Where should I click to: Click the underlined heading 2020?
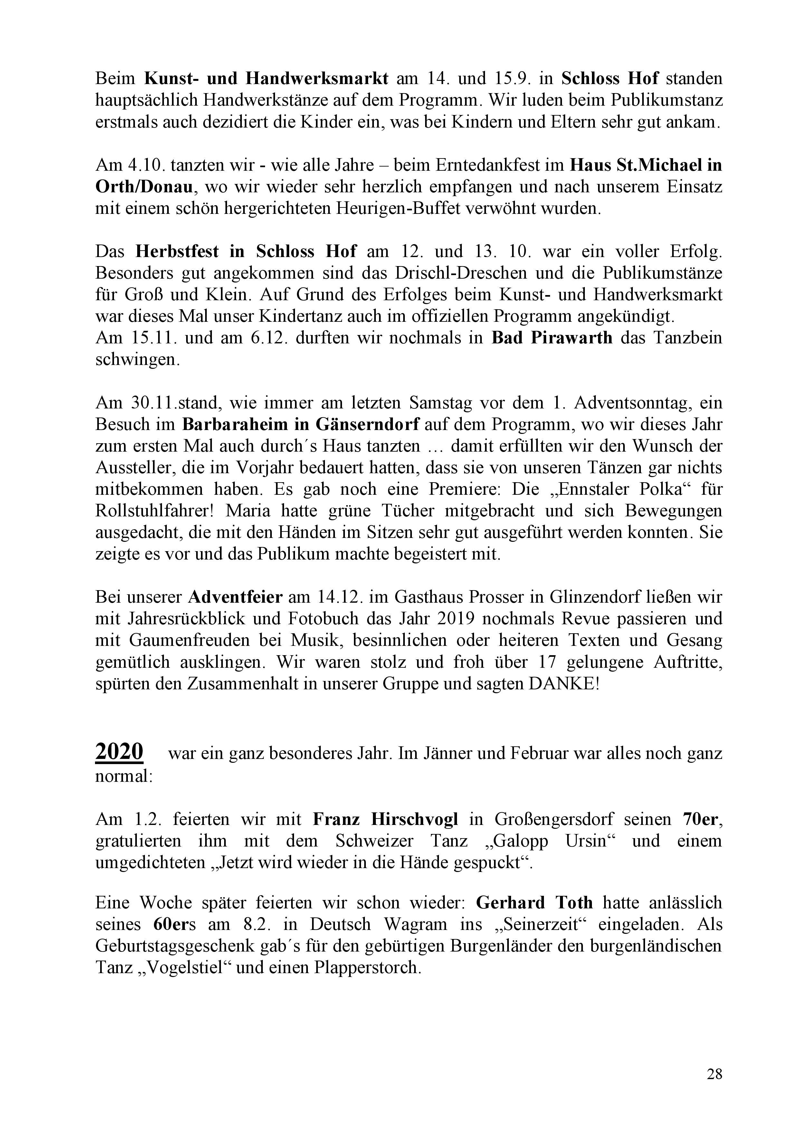[x=119, y=752]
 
